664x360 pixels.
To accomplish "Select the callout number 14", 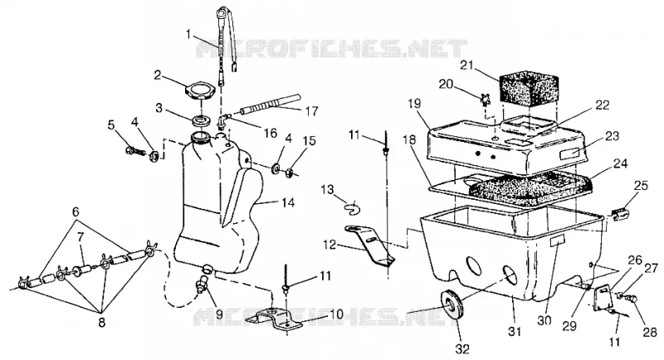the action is (288, 202).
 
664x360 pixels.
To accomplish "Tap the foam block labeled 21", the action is (527, 89).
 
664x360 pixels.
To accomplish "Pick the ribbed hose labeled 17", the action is (270, 104).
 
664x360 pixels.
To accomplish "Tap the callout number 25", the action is (641, 185).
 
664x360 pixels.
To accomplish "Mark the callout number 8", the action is (101, 323).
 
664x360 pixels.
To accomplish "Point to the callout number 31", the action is (515, 332).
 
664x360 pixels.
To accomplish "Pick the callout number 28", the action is (650, 332).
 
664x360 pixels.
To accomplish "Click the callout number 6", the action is (76, 212).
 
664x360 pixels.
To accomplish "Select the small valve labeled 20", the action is (482, 101).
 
